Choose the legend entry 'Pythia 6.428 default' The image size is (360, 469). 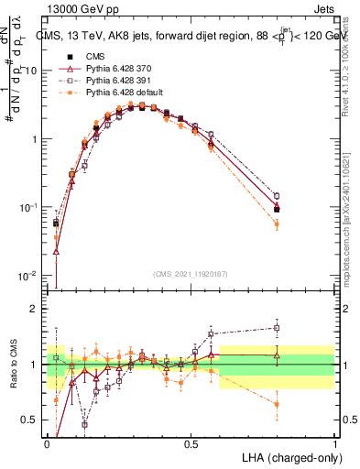[126, 93]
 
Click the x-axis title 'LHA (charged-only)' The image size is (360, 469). [288, 456]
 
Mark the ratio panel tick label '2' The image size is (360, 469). [37, 309]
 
